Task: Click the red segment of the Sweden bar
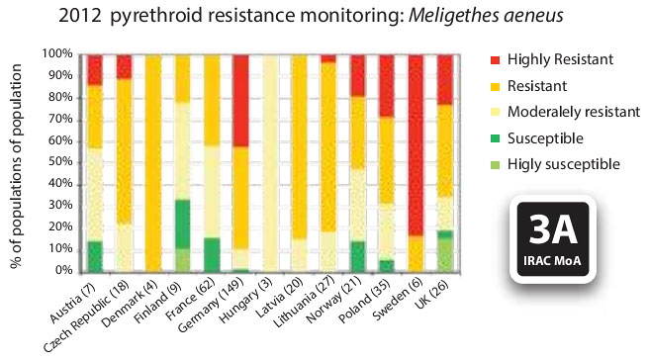(416, 145)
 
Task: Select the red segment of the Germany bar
(240, 101)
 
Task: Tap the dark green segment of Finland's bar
(182, 225)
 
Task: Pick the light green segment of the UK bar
(445, 255)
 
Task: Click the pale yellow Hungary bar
(270, 163)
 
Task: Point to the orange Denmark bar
(153, 163)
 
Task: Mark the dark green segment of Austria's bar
(95, 257)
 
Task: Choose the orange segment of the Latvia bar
(299, 146)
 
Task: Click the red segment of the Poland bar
(387, 86)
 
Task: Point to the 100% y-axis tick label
(57, 53)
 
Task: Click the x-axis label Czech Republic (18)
(87, 315)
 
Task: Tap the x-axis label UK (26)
(432, 292)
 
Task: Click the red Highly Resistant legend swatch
(495, 60)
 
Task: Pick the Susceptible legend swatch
(495, 138)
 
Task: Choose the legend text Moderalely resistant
(574, 112)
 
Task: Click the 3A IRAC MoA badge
(553, 239)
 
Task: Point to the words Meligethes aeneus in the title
(486, 16)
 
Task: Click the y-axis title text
(16, 166)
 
